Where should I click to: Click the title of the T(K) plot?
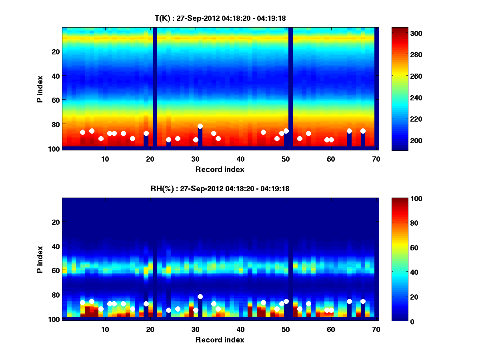pyautogui.click(x=220, y=18)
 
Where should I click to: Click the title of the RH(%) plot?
pyautogui.click(x=220, y=189)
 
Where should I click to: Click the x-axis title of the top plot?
pyautogui.click(x=220, y=169)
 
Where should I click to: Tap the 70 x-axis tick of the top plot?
pyautogui.click(x=376, y=159)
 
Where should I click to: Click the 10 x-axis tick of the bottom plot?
pyautogui.click(x=105, y=329)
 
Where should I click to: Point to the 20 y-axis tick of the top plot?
pyautogui.click(x=55, y=52)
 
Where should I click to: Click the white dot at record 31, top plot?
pyautogui.click(x=200, y=126)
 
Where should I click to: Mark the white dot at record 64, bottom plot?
pyautogui.click(x=349, y=301)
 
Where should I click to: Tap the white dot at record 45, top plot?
pyautogui.click(x=263, y=132)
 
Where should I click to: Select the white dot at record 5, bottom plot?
pyautogui.click(x=82, y=302)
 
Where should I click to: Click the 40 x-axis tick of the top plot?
pyautogui.click(x=240, y=159)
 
